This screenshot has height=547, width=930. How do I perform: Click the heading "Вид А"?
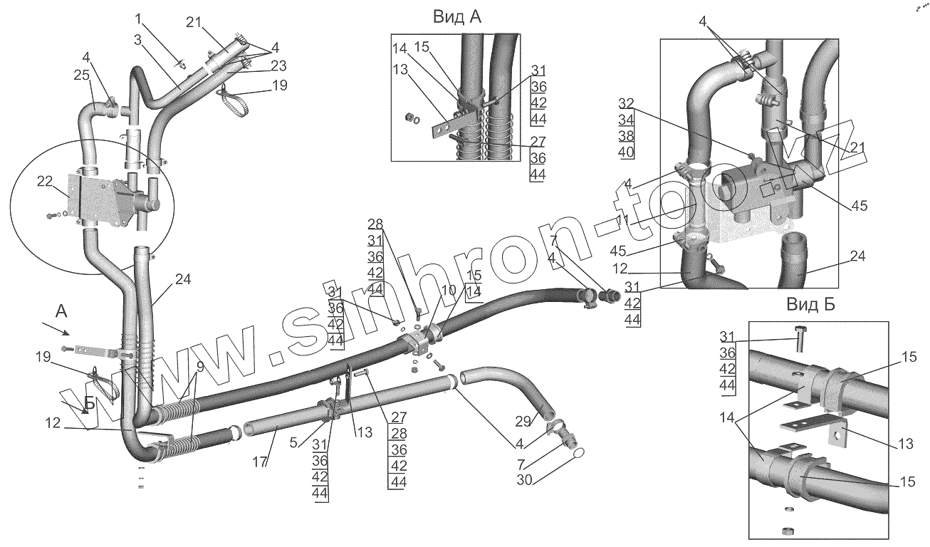tap(457, 18)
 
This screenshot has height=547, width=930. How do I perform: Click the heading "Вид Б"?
tap(811, 306)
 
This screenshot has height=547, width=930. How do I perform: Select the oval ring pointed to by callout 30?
tap(579, 453)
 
